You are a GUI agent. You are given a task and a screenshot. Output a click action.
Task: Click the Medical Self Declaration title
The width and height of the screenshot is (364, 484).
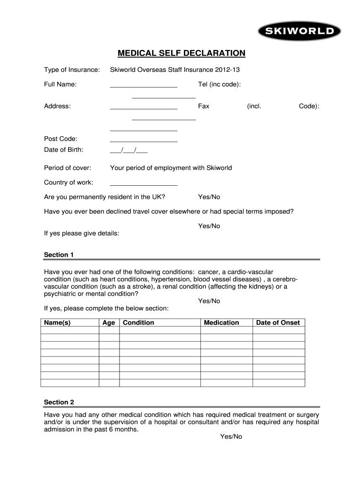click(182, 53)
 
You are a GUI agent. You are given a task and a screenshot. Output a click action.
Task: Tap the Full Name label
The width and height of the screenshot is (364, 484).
click(61, 84)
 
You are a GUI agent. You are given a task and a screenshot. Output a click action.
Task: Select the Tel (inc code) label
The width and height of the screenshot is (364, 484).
click(219, 84)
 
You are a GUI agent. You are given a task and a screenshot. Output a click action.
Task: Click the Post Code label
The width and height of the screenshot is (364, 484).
click(61, 138)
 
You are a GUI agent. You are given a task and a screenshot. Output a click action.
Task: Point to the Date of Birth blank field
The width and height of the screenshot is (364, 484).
click(129, 150)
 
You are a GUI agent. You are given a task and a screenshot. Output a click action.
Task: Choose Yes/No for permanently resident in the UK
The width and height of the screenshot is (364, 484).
click(209, 197)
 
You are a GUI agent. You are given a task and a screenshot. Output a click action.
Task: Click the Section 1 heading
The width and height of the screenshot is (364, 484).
click(59, 255)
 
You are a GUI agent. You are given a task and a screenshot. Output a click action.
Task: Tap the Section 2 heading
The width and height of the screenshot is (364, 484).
click(59, 402)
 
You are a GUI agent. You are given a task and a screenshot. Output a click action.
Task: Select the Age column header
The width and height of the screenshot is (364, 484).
click(109, 322)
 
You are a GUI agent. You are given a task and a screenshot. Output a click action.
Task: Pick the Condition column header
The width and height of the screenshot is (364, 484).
click(139, 322)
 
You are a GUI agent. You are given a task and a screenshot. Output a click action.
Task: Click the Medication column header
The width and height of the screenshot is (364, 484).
click(221, 322)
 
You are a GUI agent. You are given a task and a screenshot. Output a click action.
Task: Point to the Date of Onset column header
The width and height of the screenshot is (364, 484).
click(278, 322)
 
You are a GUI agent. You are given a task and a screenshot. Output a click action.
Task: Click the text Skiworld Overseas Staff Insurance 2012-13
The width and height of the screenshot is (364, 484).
click(175, 70)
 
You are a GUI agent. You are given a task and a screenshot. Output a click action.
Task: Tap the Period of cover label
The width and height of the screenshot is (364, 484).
click(68, 168)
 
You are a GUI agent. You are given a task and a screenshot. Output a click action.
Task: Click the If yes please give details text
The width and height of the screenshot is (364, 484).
click(81, 233)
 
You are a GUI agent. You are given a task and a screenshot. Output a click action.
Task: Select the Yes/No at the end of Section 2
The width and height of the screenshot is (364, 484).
click(231, 437)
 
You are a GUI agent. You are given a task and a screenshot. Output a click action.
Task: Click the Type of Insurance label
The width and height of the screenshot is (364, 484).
click(72, 70)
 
